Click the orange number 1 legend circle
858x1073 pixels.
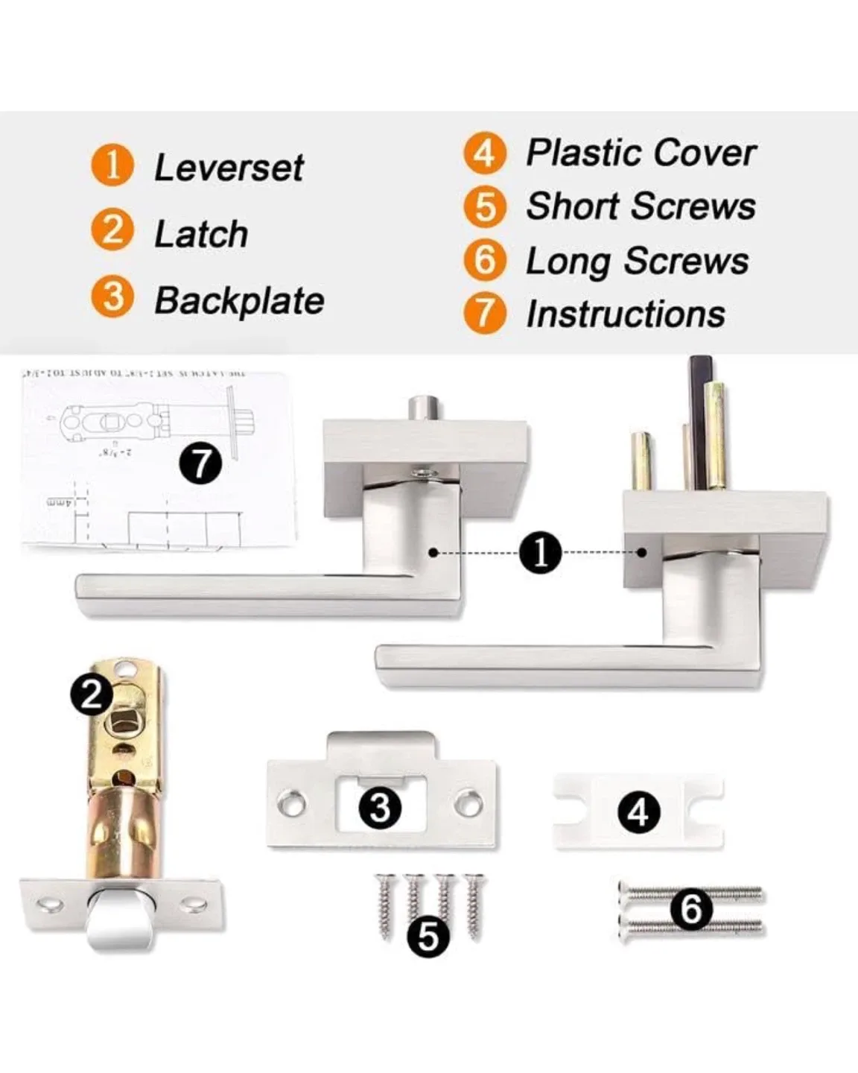[x=112, y=165]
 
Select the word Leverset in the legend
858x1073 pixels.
[x=228, y=168]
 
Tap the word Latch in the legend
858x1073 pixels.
[x=200, y=235]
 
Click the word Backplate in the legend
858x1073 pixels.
[x=238, y=302]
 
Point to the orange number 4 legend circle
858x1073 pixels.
[x=484, y=153]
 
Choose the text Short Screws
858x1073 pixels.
[x=641, y=206]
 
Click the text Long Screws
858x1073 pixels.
[x=637, y=262]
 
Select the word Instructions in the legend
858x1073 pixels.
[x=625, y=314]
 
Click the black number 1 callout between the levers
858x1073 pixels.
[x=540, y=553]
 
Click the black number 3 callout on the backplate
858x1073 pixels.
[x=380, y=808]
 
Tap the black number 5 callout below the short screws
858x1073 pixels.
[x=429, y=935]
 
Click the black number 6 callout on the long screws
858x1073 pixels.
[x=691, y=909]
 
